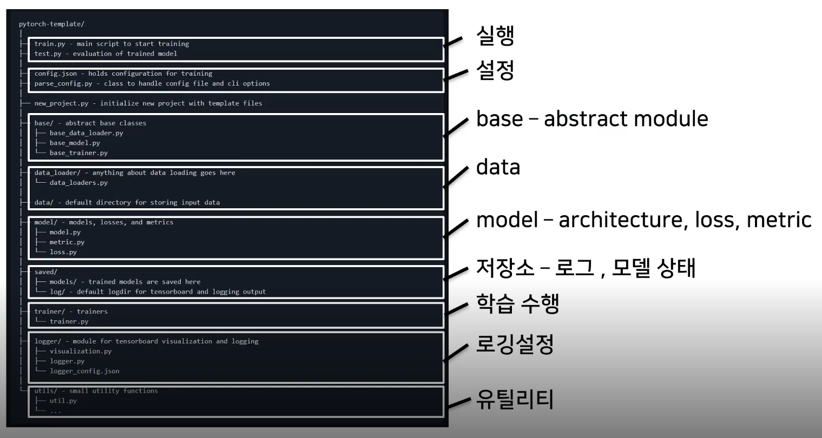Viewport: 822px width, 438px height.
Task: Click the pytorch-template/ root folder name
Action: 51,24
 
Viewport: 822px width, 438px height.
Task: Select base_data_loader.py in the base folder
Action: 86,133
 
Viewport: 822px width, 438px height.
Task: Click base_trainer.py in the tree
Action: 78,153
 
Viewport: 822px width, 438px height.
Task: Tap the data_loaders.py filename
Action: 78,183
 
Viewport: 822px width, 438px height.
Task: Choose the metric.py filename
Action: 67,242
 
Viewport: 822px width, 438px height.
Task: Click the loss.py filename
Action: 63,252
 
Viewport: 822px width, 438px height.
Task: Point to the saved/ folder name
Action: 46,272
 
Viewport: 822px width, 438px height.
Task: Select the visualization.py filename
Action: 81,351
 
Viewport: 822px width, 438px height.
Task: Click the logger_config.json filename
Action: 84,371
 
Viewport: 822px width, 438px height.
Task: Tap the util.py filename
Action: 63,401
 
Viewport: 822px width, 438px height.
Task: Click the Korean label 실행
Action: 495,36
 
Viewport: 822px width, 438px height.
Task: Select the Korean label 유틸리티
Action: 515,400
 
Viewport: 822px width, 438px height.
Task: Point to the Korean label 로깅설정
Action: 515,344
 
